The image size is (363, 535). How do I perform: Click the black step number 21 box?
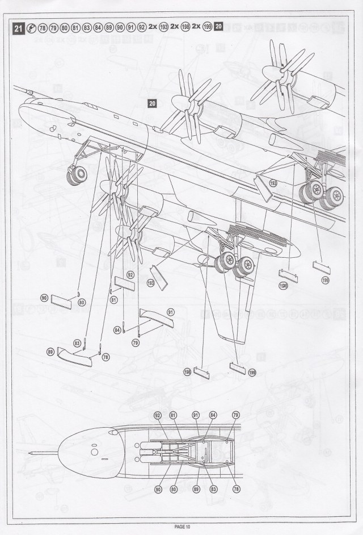click(x=18, y=27)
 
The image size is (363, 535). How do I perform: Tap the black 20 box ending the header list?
click(x=220, y=26)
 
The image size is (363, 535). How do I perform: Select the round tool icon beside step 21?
click(x=31, y=27)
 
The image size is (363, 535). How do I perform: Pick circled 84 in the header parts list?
click(x=98, y=27)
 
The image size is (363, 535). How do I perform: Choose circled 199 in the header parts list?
click(x=208, y=27)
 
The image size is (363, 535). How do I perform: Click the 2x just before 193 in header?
click(x=154, y=27)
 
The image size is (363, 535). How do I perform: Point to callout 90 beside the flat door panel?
click(x=44, y=298)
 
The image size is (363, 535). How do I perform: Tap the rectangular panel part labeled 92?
click(x=124, y=285)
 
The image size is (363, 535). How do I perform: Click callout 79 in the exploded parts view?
click(x=136, y=342)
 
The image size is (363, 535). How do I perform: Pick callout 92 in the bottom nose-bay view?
click(x=158, y=416)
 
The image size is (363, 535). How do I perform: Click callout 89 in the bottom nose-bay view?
click(x=196, y=488)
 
